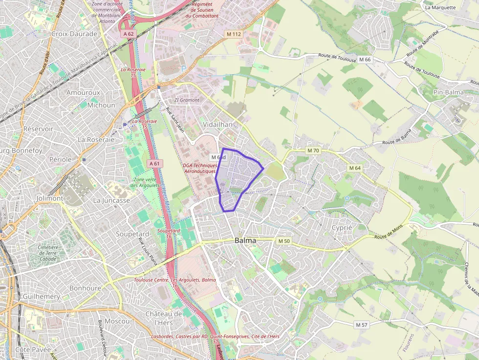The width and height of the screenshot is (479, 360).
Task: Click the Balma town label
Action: [245, 240]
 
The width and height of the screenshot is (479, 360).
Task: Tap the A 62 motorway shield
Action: [129, 34]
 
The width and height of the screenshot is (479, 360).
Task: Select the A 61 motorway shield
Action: [154, 163]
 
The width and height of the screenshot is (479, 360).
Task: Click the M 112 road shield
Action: [234, 34]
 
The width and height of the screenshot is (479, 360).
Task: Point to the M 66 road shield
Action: [365, 59]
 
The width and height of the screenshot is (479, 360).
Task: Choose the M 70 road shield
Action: [313, 150]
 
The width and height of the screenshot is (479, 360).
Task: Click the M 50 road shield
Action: [284, 241]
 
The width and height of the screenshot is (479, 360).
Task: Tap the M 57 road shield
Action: [362, 325]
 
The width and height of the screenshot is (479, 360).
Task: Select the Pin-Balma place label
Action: [448, 92]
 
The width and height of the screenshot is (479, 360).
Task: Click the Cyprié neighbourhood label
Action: [342, 228]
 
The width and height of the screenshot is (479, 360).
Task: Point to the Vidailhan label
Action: [218, 125]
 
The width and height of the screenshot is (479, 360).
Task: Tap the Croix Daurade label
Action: [74, 34]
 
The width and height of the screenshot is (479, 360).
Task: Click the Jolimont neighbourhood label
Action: [50, 199]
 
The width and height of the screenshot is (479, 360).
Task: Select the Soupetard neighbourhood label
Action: [132, 234]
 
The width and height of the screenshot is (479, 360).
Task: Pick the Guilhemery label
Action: [42, 296]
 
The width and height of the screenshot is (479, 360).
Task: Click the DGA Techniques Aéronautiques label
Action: [199, 168]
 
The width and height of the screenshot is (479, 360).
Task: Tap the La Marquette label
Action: [440, 7]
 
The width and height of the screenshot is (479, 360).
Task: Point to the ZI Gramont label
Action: [187, 100]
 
